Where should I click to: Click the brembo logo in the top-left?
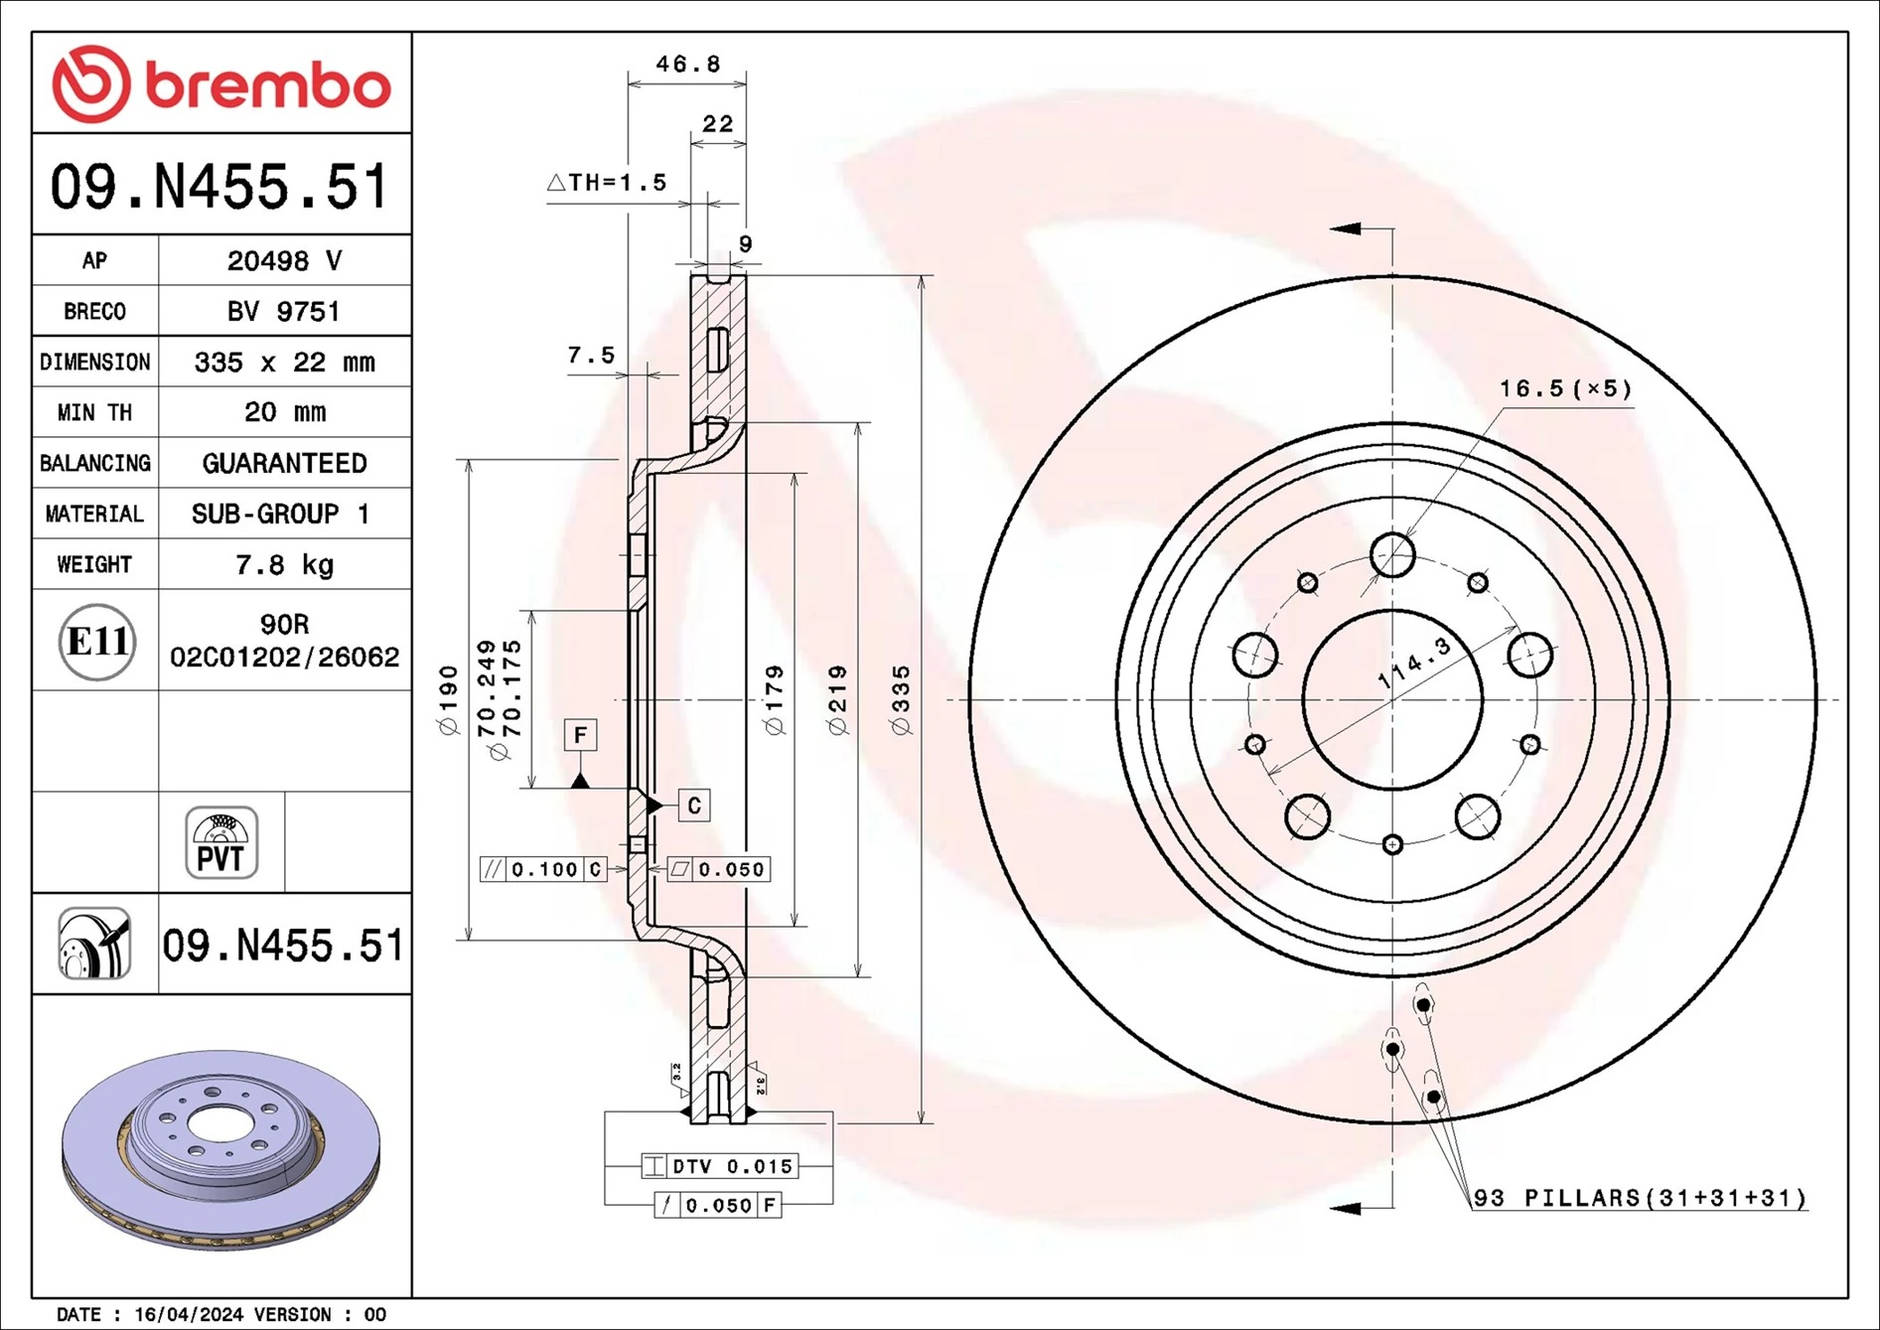220,83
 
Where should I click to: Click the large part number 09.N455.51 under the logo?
219,187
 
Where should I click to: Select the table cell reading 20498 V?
284,261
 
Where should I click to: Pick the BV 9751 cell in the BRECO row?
284,312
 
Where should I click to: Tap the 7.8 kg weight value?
284,565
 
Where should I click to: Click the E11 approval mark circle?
96,642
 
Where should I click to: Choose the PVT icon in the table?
221,843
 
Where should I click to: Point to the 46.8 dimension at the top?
687,65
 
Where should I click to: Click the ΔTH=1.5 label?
607,183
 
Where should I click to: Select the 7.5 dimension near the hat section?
591,356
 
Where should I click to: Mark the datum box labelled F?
580,735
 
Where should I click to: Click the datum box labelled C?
694,806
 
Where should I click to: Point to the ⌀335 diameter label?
901,700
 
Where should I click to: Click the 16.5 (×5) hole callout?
1565,388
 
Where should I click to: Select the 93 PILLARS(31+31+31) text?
1640,1198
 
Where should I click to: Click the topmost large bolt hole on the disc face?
1392,555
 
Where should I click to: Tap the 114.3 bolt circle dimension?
1414,664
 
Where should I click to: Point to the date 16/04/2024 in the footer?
189,1314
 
